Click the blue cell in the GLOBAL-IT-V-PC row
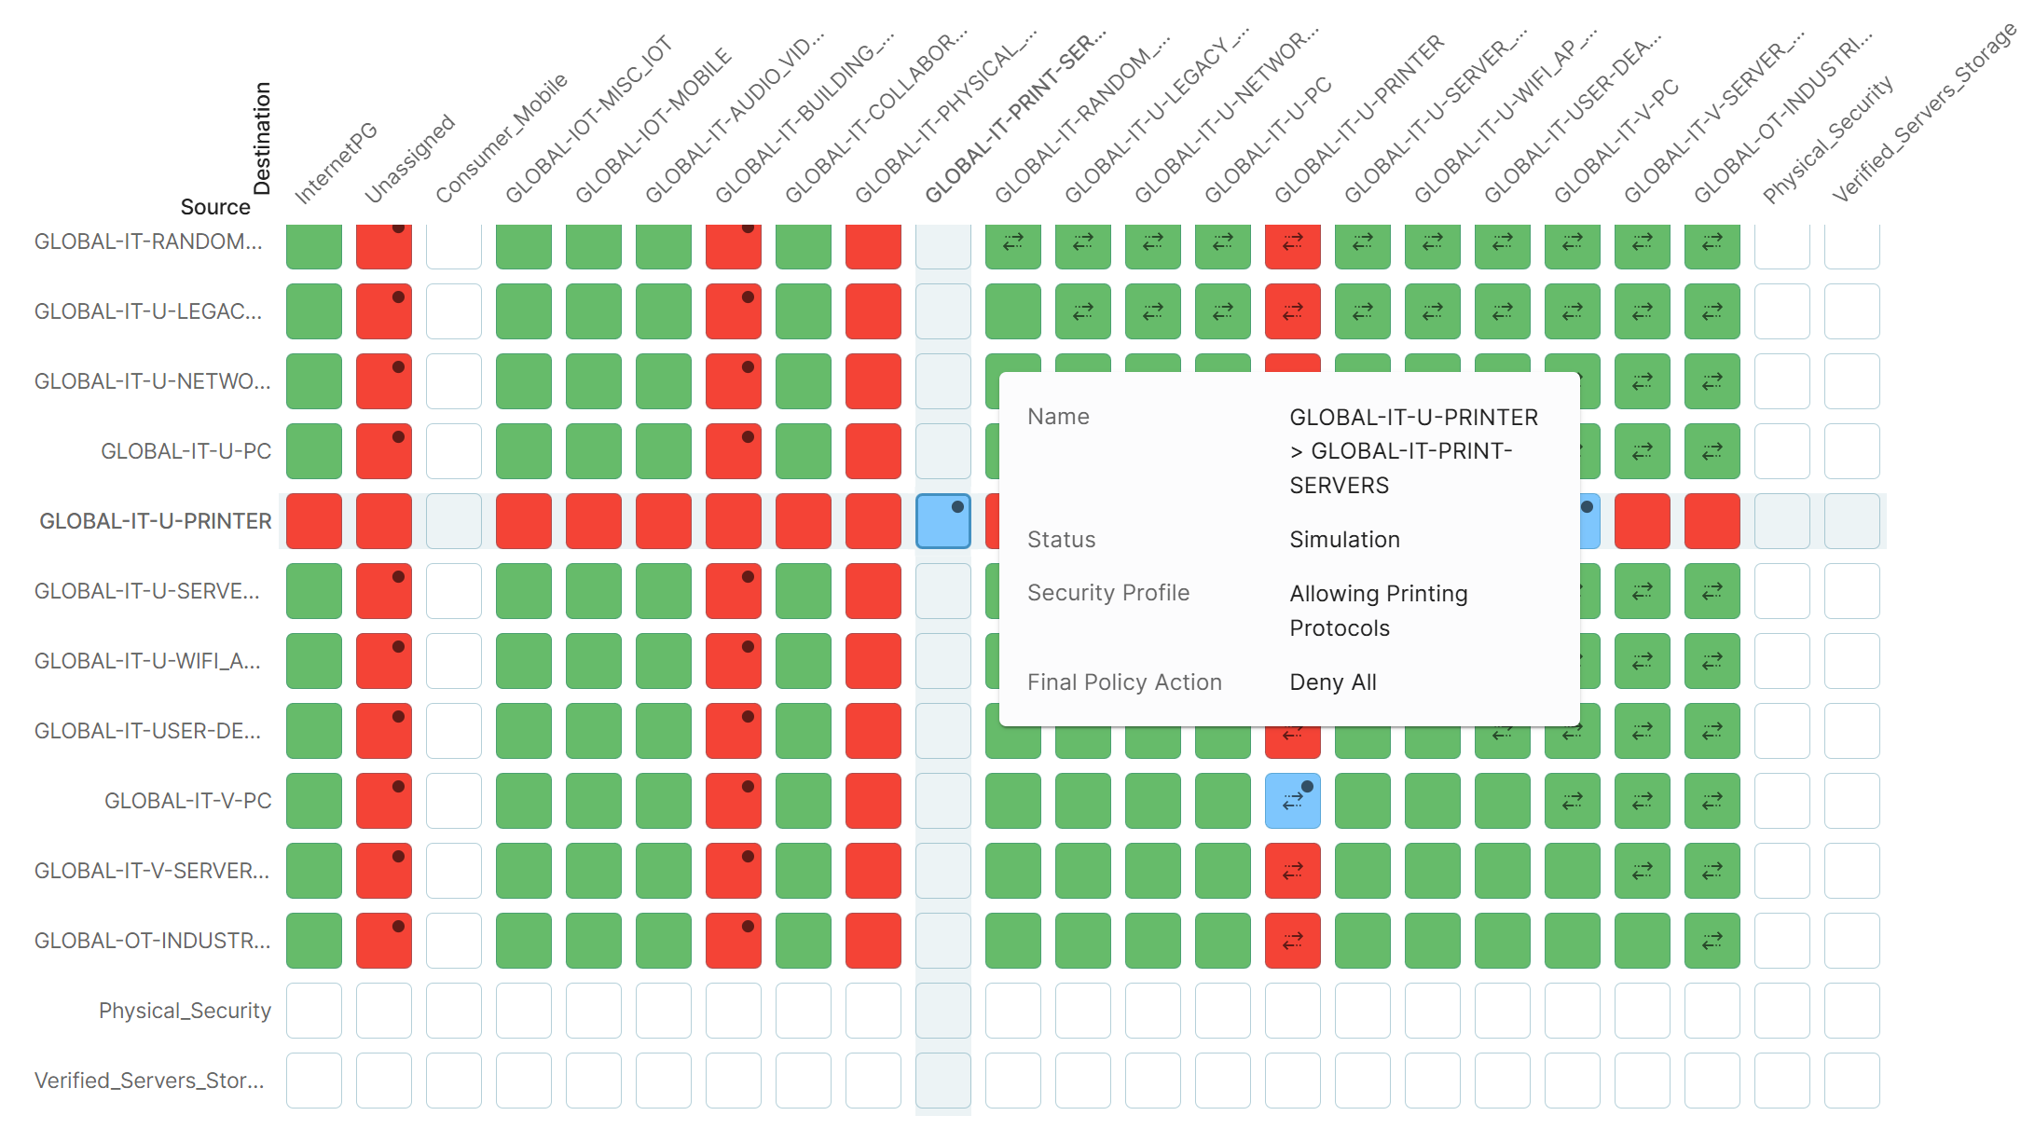1292,801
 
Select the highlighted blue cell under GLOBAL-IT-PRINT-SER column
942,521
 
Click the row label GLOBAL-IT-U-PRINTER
156,521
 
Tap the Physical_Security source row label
185,1011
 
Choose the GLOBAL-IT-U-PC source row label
186,451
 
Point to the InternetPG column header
337,162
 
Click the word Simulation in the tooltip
1344,540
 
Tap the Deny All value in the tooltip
1332,682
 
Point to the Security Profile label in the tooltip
1107,593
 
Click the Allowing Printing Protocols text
1378,611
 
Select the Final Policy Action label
1123,682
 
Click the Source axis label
215,207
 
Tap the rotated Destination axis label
262,138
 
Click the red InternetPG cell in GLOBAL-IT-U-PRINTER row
314,521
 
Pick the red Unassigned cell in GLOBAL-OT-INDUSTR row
383,941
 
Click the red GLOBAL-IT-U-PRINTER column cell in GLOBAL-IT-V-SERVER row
1292,871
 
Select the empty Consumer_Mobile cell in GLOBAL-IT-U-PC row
453,451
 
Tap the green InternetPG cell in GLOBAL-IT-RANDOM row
314,245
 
